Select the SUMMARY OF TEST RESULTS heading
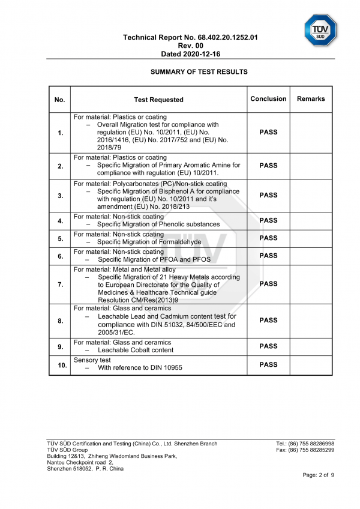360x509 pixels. pos(199,72)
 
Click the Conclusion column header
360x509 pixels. pos(268,99)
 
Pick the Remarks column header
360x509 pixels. pos(310,99)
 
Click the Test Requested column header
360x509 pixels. pos(158,100)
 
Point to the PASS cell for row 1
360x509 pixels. pos(268,133)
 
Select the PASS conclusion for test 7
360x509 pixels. pos(268,284)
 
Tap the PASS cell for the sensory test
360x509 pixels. pos(268,364)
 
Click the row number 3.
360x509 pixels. pos(60,196)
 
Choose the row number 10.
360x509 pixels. pos(60,365)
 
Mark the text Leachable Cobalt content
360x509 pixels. pos(136,350)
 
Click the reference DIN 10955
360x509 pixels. pos(163,368)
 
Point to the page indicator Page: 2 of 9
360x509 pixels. pos(318,475)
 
